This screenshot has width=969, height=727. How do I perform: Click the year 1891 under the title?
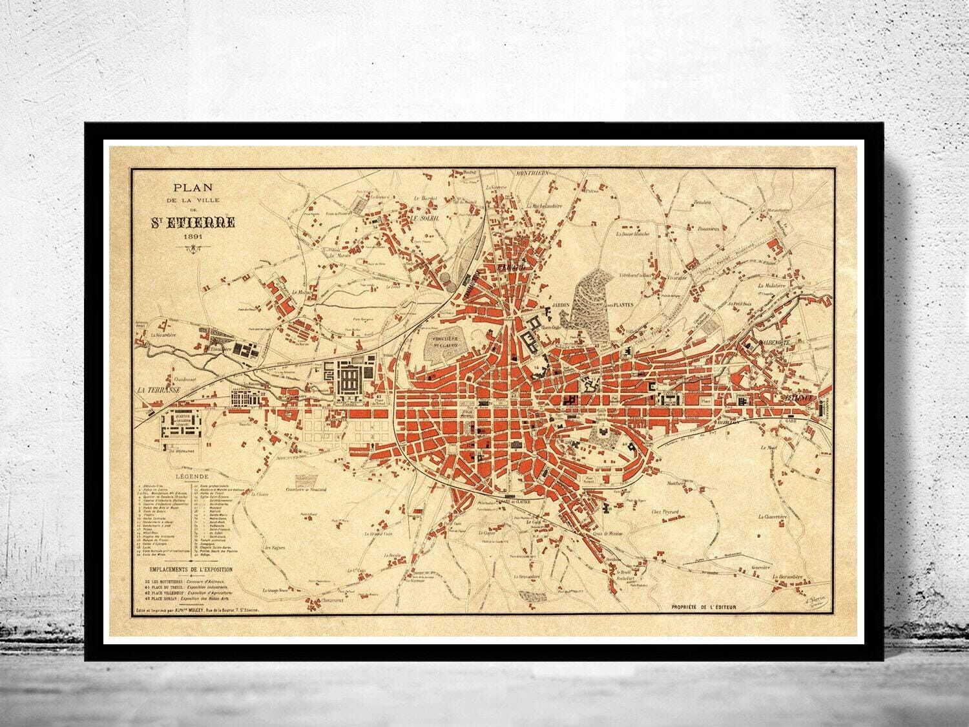click(x=193, y=237)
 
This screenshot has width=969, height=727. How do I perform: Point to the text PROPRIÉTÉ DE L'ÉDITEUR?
click(x=703, y=607)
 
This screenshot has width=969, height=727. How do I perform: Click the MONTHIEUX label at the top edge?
click(x=530, y=173)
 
